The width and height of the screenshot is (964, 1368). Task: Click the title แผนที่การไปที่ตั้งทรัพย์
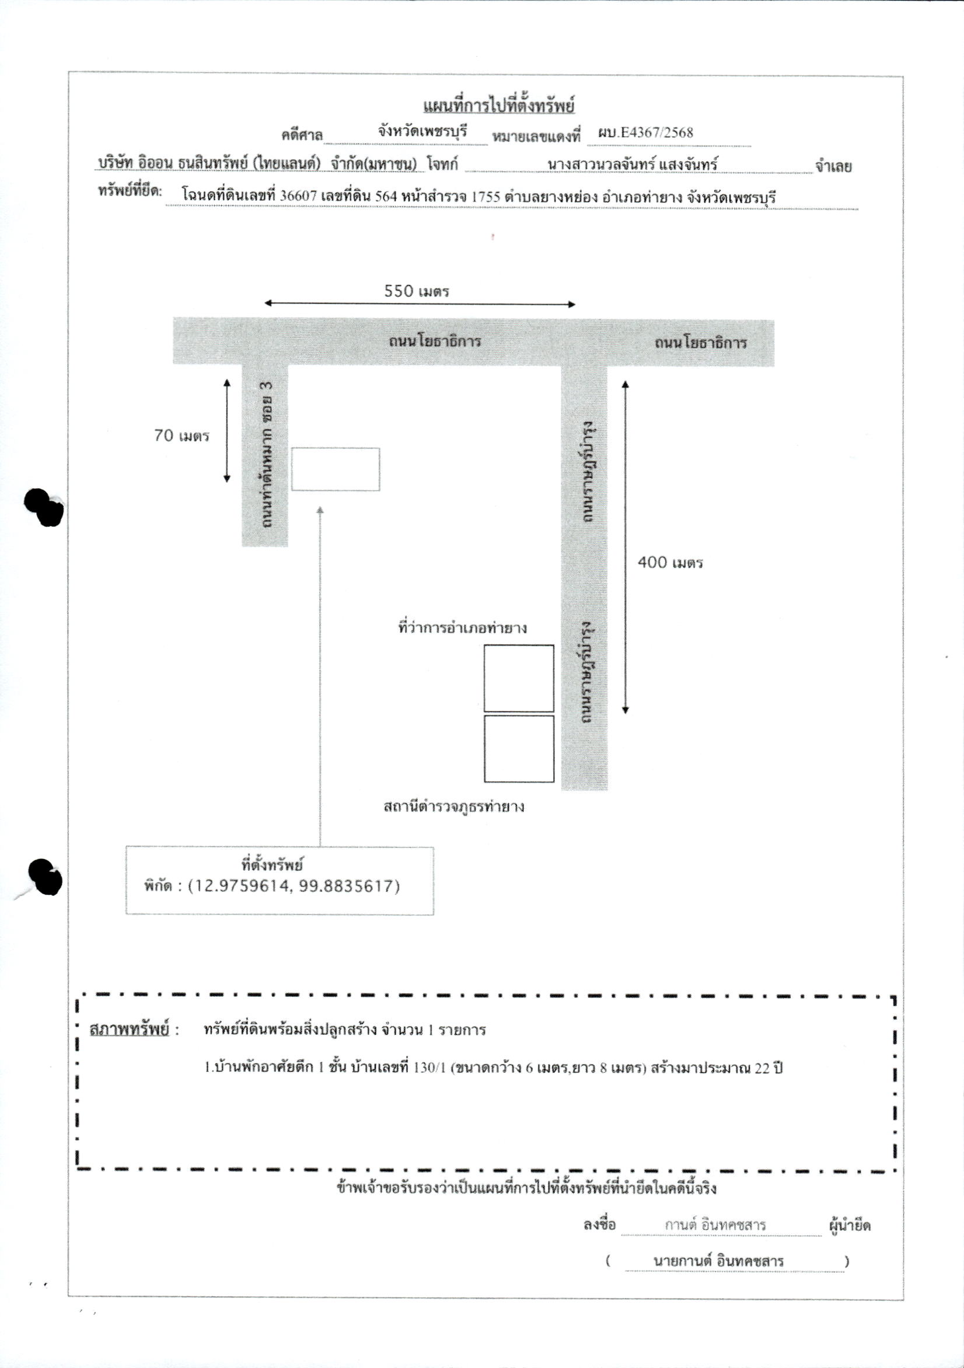[x=499, y=106]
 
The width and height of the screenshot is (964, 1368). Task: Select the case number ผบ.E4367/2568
[x=646, y=132]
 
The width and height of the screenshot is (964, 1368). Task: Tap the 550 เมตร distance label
[x=417, y=291]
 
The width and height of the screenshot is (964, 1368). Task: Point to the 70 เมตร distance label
[x=181, y=435]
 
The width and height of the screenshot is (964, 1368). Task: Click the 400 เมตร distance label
[x=670, y=563]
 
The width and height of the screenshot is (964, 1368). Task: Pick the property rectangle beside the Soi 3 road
[x=336, y=469]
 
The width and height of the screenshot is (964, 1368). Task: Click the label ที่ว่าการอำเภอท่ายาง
[x=463, y=628]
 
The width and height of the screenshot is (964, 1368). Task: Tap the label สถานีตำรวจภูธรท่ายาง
[x=454, y=807]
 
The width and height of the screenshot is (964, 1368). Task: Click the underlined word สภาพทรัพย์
[x=130, y=1030]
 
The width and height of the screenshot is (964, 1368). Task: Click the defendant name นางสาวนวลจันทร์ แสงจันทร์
[x=632, y=163]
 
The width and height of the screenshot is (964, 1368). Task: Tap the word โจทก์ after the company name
[x=442, y=164]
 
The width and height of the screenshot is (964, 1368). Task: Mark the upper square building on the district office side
[x=519, y=678]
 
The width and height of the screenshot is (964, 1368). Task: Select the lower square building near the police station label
[x=519, y=749]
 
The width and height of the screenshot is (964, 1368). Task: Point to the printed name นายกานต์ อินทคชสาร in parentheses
[x=718, y=1261]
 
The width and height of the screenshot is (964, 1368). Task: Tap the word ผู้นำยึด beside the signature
[x=850, y=1226]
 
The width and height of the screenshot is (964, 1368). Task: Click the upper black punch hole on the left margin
[x=44, y=508]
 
